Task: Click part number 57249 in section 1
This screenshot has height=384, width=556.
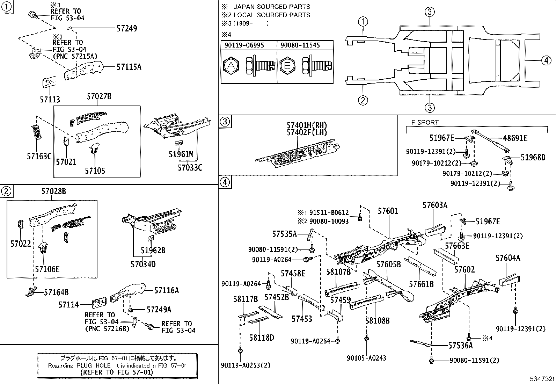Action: click(126, 29)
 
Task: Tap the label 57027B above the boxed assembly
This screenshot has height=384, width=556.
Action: click(99, 97)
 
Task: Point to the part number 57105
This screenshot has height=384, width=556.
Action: click(95, 171)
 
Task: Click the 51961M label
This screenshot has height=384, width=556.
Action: click(181, 154)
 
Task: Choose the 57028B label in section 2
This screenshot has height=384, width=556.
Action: click(53, 191)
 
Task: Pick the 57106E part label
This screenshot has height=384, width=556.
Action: click(47, 269)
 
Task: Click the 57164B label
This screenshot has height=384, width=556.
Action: click(56, 292)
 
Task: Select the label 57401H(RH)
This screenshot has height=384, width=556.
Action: click(307, 125)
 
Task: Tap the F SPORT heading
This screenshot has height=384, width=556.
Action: click(424, 122)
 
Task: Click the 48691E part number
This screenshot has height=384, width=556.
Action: click(515, 138)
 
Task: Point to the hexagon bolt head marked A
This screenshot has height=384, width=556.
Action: click(231, 65)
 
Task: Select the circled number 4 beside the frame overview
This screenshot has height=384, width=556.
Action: click(547, 60)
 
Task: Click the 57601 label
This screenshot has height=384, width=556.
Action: click(388, 211)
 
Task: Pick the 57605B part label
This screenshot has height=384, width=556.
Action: click(388, 265)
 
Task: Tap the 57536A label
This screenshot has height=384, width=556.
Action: click(460, 346)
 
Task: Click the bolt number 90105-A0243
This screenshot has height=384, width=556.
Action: click(366, 358)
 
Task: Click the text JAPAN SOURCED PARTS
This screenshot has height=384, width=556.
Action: click(271, 7)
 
